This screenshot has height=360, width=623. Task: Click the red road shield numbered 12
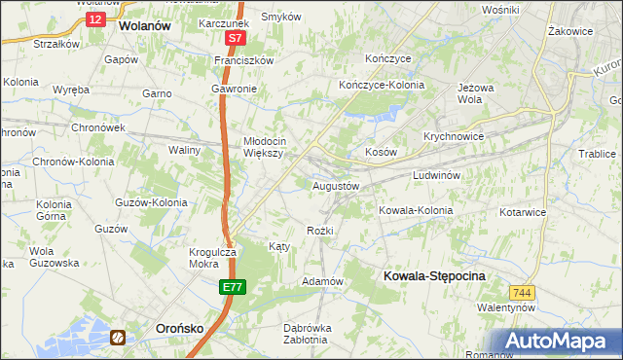pyautogui.click(x=93, y=19)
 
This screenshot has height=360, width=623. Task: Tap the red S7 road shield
pyautogui.click(x=235, y=39)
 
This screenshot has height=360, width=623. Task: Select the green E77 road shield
pyautogui.click(x=232, y=288)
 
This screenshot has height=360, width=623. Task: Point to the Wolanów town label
pyautogui.click(x=144, y=27)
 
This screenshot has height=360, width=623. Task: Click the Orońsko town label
pyautogui.click(x=179, y=329)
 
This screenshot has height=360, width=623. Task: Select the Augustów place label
pyautogui.click(x=336, y=185)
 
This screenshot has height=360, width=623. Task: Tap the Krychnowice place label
pyautogui.click(x=454, y=136)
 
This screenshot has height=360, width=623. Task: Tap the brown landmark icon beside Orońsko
pyautogui.click(x=118, y=338)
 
